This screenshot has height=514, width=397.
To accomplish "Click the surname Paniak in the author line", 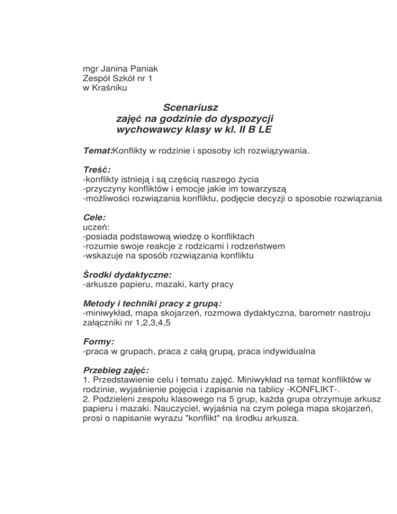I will click(133, 68).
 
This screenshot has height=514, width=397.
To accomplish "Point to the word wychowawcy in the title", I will click(148, 130).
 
